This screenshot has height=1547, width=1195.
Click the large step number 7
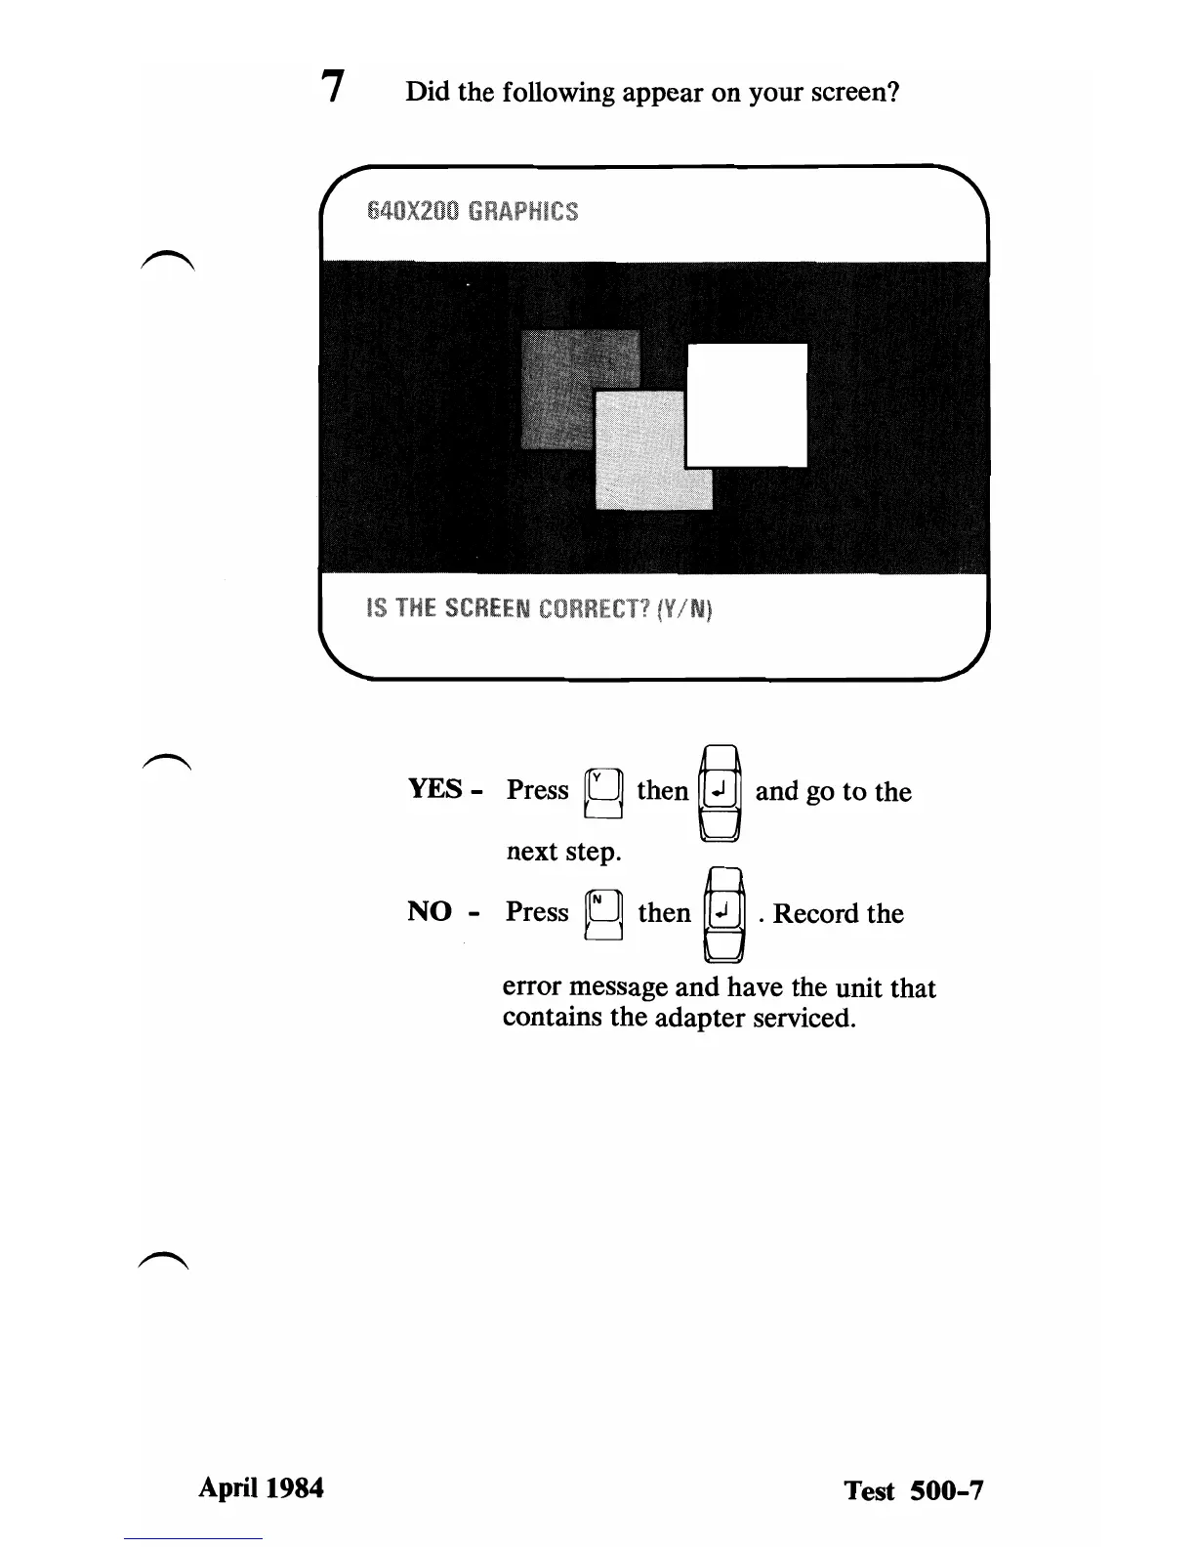point(334,87)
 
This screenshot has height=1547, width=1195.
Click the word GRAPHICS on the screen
point(523,211)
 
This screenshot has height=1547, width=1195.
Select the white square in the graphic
point(748,404)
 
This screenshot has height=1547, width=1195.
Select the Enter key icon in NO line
point(723,913)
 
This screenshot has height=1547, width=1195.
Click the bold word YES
point(435,789)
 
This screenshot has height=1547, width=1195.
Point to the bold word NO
point(430,912)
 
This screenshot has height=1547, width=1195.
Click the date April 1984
point(261,1487)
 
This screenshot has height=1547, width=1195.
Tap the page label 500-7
point(946,1490)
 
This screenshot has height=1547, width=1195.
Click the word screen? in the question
point(854,93)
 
